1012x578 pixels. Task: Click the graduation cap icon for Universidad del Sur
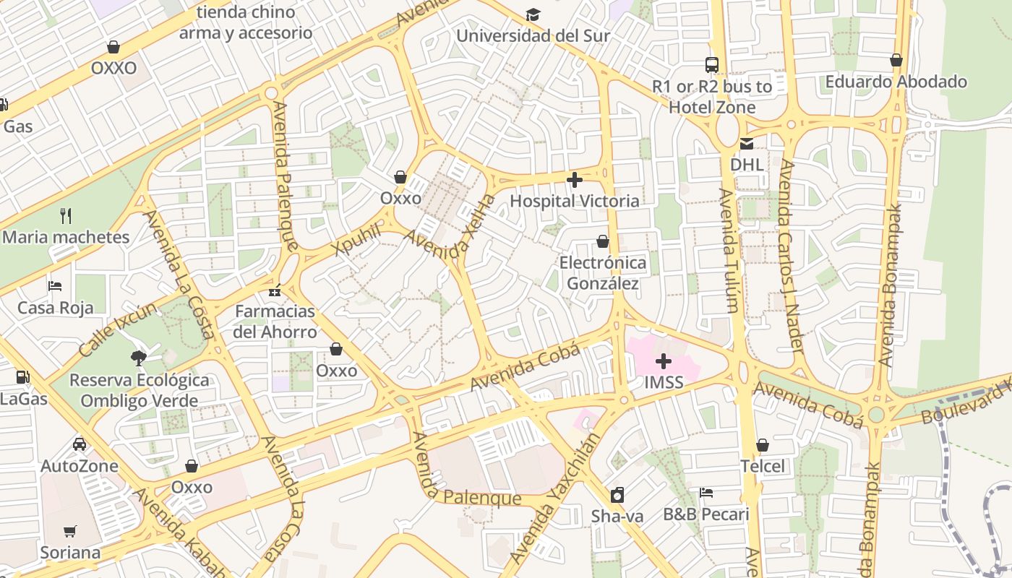point(533,14)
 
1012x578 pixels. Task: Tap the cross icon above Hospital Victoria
point(575,179)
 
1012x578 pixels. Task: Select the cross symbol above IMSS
point(663,361)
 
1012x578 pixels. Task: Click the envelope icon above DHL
point(746,143)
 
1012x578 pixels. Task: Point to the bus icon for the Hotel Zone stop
point(712,64)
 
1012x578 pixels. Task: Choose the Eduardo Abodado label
point(896,82)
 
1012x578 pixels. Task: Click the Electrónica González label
point(603,272)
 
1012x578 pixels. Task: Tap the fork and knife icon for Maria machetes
point(66,215)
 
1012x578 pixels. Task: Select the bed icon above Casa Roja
point(55,286)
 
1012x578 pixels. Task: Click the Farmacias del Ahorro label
point(275,322)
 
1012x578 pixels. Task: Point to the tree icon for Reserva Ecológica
point(139,358)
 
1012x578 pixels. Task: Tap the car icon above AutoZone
point(79,444)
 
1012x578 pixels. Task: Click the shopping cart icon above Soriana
point(70,532)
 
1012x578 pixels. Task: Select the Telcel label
point(762,466)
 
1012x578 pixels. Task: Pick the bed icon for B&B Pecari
point(706,493)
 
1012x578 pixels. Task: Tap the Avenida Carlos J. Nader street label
point(792,256)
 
